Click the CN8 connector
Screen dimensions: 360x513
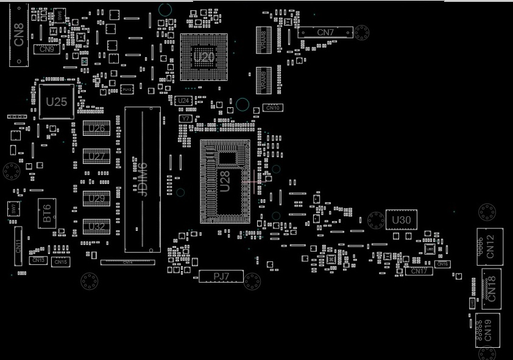click(19, 35)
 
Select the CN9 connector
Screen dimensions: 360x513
click(47, 49)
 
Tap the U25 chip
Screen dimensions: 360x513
click(56, 102)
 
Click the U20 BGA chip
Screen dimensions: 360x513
click(203, 57)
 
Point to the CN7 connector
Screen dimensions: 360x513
click(325, 32)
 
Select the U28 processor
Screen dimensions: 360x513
click(225, 181)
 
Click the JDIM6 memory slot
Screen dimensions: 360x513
click(143, 179)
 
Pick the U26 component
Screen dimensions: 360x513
click(96, 129)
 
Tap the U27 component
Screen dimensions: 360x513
click(96, 157)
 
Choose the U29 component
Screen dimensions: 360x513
click(96, 199)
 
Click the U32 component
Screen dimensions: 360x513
click(96, 227)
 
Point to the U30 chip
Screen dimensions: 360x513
click(401, 220)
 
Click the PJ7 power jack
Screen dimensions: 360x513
click(221, 277)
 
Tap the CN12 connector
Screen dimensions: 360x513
click(490, 246)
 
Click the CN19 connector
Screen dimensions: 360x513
click(487, 330)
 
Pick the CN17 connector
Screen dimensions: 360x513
click(419, 271)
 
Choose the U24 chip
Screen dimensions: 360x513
click(183, 101)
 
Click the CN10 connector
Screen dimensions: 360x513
click(272, 108)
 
